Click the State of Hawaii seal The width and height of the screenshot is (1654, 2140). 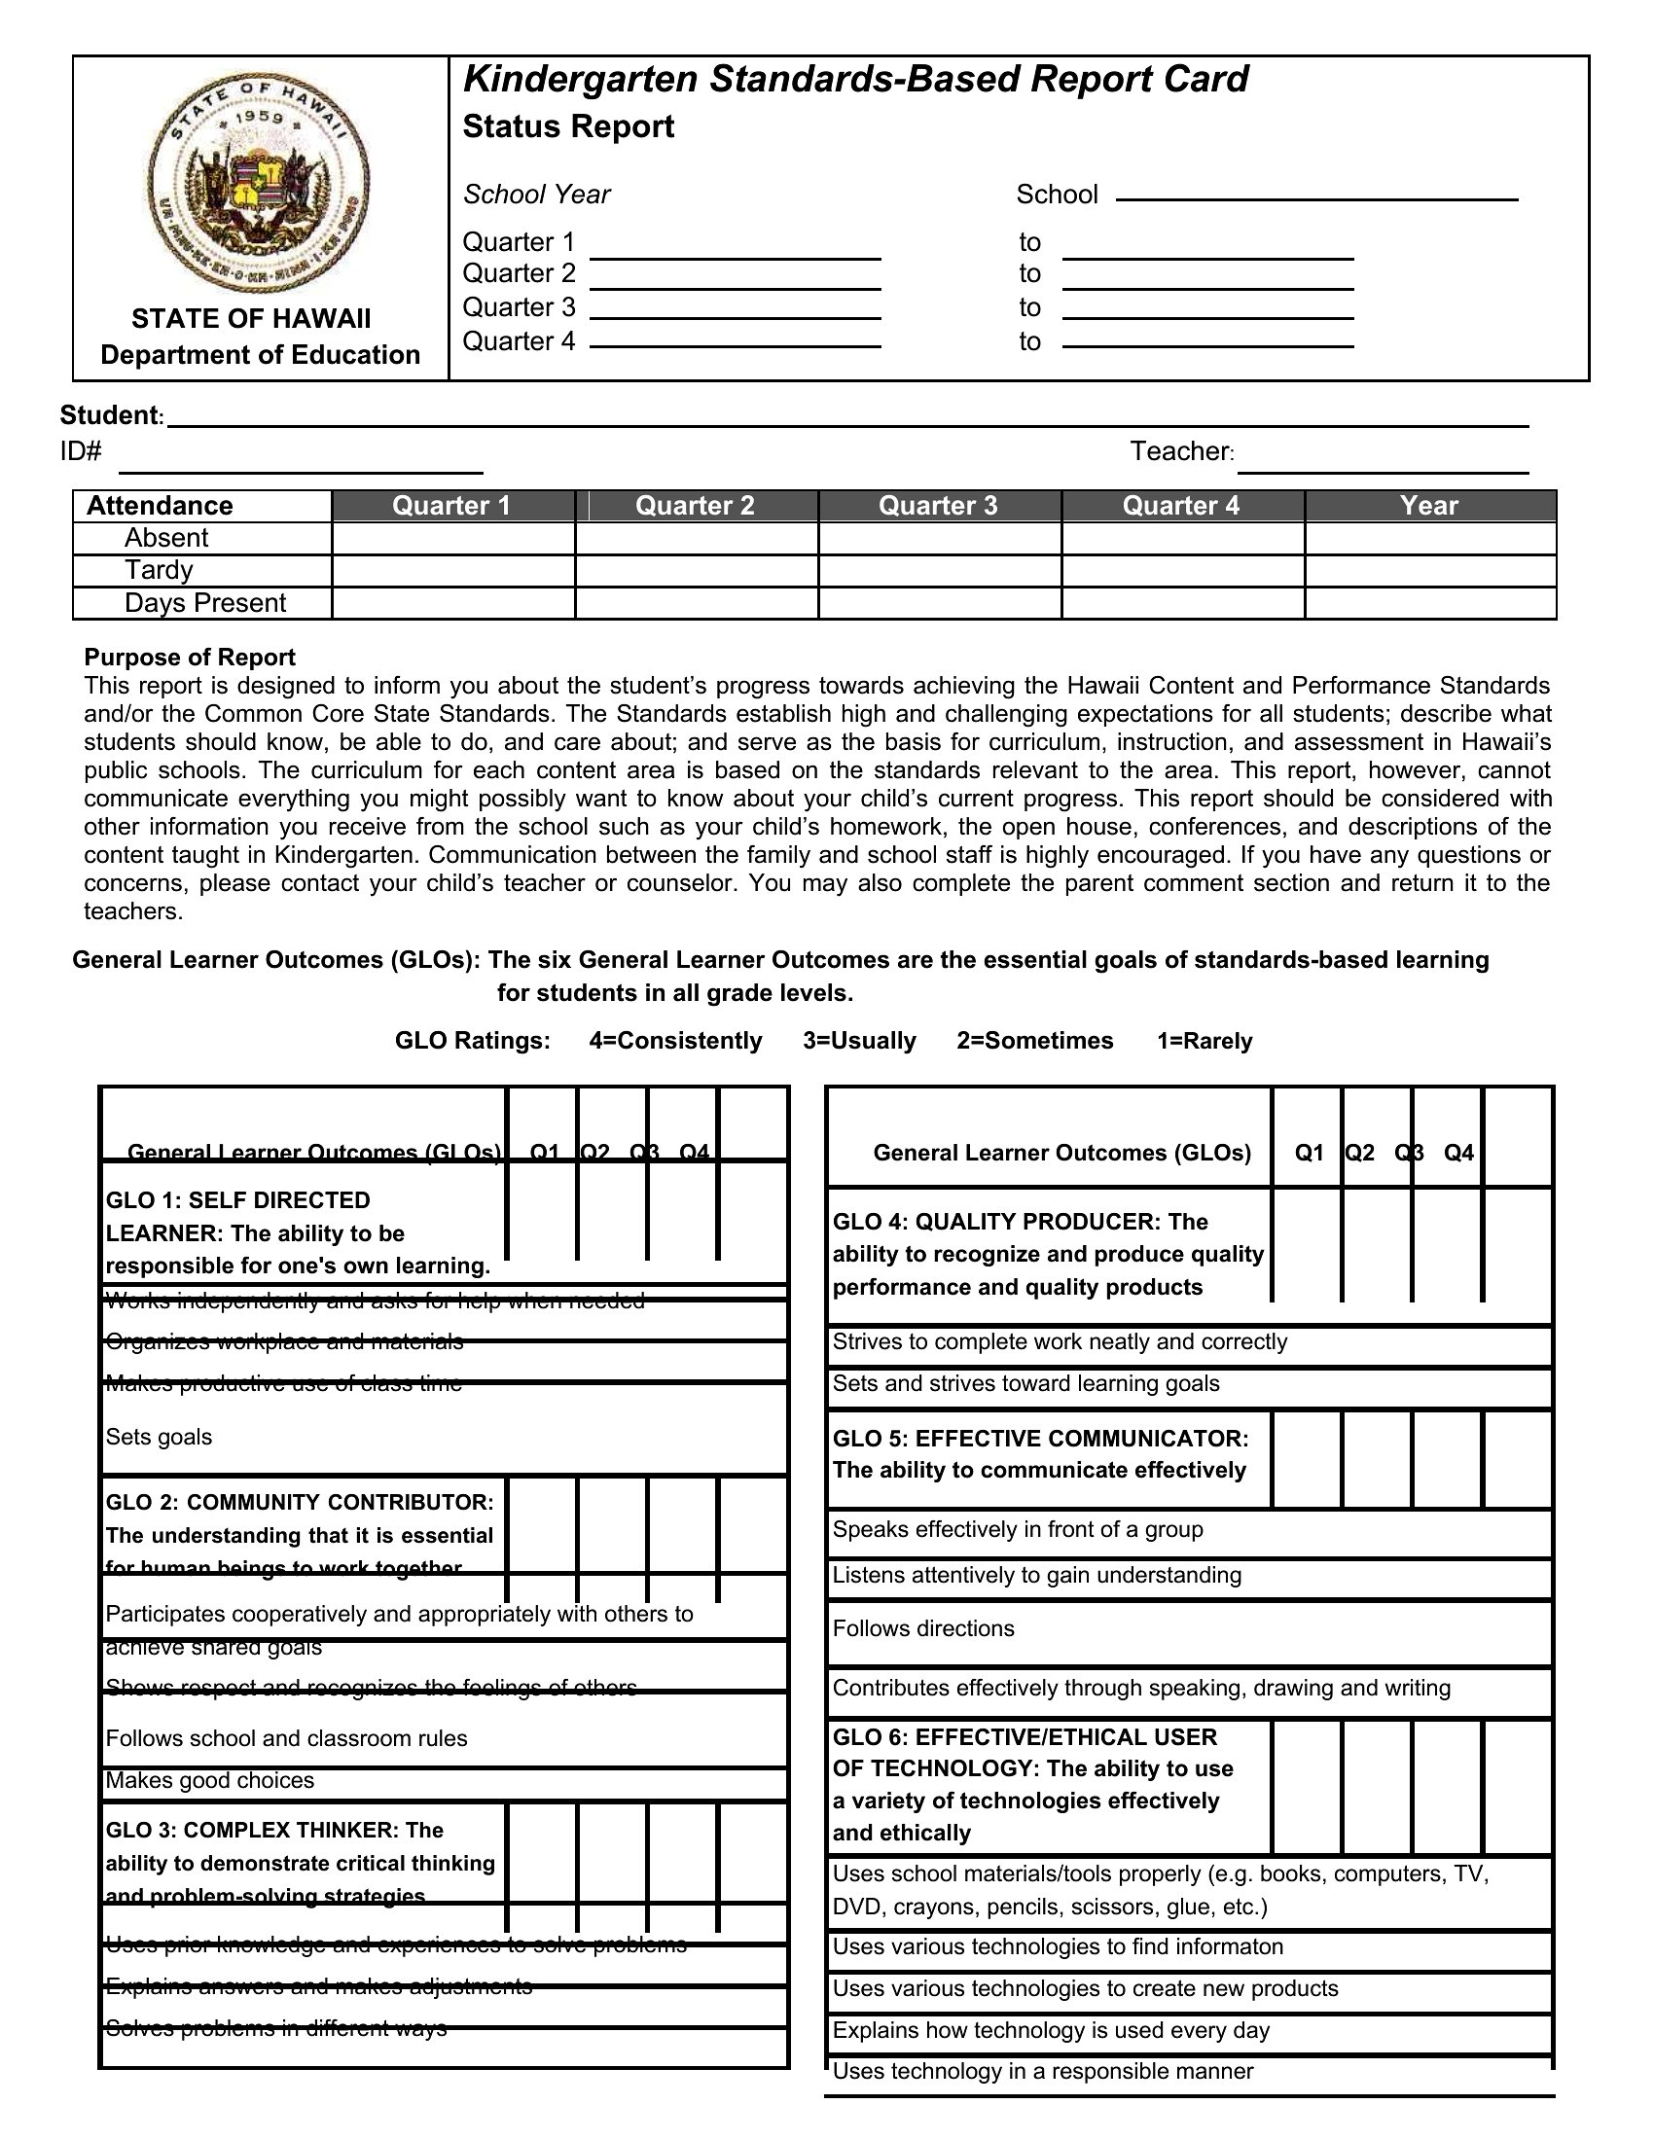click(x=258, y=183)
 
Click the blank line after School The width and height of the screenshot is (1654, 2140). click(x=1316, y=194)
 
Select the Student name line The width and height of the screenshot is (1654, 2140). click(x=847, y=418)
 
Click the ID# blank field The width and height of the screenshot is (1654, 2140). click(x=301, y=462)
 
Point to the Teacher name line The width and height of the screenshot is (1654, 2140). click(x=1383, y=462)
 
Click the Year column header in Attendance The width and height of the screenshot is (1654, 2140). click(x=1428, y=506)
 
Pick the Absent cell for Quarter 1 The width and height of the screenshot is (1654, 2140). click(x=453, y=538)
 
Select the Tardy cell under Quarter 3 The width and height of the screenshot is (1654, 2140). click(x=940, y=570)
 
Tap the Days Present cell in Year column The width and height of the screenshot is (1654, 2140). click(x=1429, y=603)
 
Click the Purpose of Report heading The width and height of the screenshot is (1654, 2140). click(x=189, y=658)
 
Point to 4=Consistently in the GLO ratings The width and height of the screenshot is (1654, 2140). click(x=675, y=1041)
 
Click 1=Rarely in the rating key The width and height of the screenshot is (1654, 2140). click(x=1205, y=1041)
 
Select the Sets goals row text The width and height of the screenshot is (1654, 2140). click(x=159, y=1437)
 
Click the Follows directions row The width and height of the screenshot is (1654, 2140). click(x=923, y=1628)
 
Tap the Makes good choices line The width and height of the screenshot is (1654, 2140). click(x=210, y=1780)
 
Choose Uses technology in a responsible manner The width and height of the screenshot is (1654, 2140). click(x=1043, y=2070)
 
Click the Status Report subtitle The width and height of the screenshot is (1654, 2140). click(x=568, y=127)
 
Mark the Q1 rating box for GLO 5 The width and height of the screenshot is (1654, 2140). click(x=1307, y=1457)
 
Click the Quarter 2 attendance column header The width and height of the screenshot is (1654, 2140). click(x=695, y=506)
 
